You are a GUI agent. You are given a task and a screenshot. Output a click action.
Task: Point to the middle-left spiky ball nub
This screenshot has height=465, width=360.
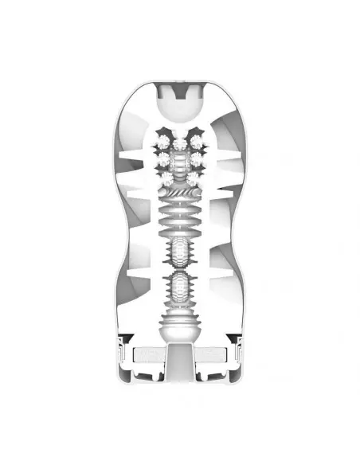tap(164, 158)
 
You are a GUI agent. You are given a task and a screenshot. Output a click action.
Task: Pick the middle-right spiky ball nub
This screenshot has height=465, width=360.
tap(196, 158)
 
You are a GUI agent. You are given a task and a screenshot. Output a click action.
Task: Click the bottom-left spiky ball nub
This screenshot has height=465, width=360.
tap(166, 175)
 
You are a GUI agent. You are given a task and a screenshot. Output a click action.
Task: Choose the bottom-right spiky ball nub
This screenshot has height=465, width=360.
tap(194, 175)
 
